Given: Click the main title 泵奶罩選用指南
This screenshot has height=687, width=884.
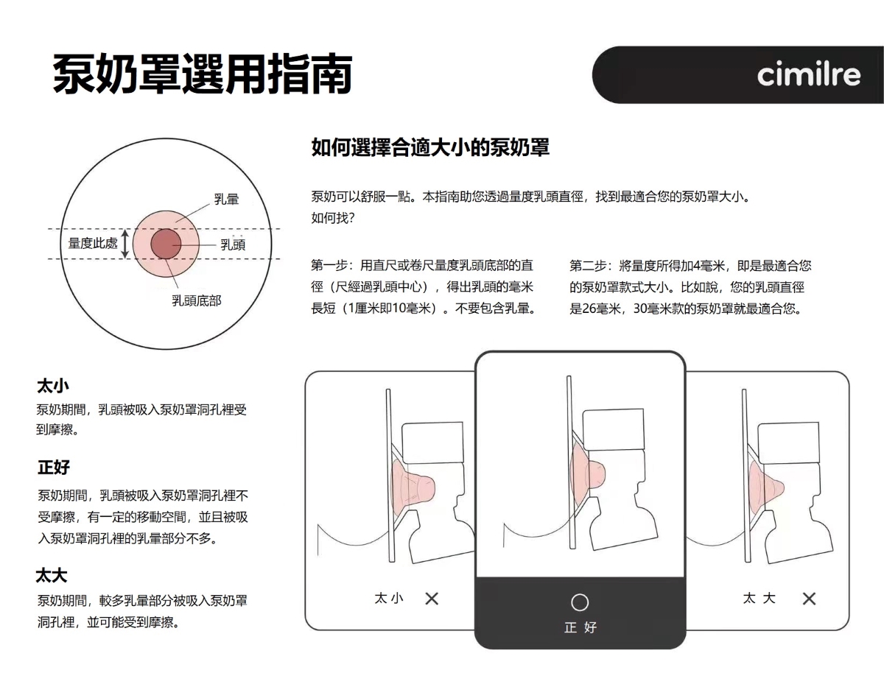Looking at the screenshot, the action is point(202,74).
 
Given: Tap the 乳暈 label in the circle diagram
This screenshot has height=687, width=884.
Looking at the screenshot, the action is point(227,200).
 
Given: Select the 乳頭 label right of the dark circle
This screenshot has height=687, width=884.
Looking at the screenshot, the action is point(233,244).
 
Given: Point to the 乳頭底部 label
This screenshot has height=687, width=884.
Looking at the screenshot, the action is point(197,300).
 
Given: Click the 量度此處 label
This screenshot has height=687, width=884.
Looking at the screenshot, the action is point(93,243).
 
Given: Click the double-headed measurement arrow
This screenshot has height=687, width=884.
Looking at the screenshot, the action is point(125,244).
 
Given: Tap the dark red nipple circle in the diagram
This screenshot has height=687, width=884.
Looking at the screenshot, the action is point(166,244).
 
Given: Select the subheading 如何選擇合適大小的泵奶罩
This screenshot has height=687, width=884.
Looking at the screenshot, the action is point(430,147).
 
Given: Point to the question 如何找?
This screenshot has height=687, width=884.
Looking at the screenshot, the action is point(333,218).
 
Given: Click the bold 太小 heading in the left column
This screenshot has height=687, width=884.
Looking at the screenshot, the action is point(53,386).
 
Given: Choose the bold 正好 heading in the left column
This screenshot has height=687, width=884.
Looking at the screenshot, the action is point(54,467).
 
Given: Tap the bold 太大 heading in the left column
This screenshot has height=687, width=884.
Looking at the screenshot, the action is point(52,576).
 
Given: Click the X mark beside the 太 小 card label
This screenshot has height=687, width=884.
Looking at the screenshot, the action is point(432,599).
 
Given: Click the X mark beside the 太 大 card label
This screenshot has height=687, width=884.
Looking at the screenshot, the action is point(809,599).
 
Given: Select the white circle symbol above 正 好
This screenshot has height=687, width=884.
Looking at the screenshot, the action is point(580,602).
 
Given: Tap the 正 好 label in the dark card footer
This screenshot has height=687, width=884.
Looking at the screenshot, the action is point(580,627).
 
